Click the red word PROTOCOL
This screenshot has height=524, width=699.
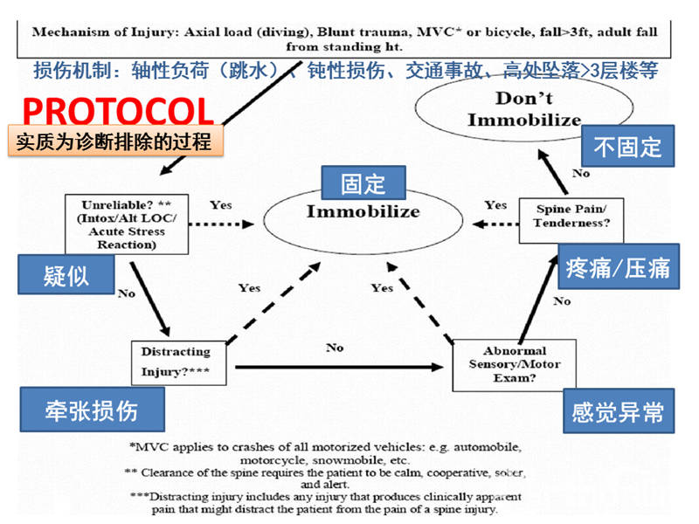[x=118, y=112]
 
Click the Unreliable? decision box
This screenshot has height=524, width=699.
[x=127, y=224]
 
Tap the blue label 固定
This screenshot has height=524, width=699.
[x=363, y=183]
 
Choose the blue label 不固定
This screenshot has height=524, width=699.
[x=627, y=147]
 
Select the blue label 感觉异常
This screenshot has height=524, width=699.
[x=618, y=411]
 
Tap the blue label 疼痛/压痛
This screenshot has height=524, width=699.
[x=618, y=267]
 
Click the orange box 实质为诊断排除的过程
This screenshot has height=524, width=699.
[x=113, y=141]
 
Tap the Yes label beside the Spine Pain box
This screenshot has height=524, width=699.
[x=495, y=205]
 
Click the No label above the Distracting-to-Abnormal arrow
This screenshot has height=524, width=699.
[x=336, y=348]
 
